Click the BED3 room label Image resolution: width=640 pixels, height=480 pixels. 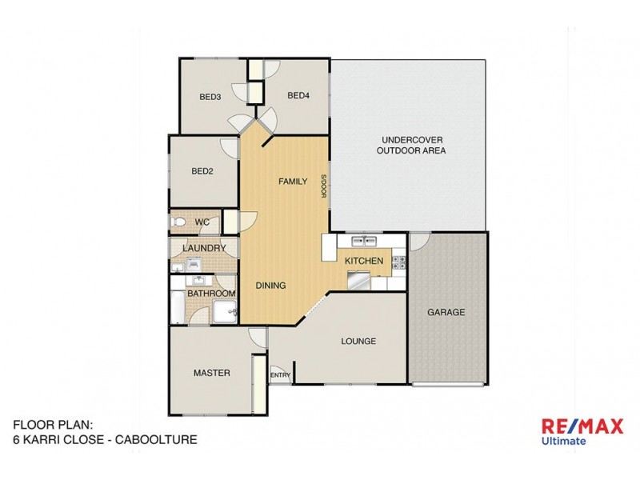point(210,98)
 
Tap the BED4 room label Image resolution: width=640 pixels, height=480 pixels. point(298,96)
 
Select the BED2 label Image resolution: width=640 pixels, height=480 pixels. point(202,170)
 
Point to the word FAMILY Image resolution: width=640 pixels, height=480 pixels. point(292,182)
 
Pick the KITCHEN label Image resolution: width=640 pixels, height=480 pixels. point(364,261)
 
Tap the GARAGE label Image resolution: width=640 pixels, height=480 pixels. point(446,312)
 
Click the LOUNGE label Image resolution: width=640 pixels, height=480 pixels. point(358,342)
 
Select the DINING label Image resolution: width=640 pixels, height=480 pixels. point(270,286)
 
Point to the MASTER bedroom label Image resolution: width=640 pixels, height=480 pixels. point(212,373)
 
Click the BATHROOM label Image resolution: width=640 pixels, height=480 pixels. point(211,294)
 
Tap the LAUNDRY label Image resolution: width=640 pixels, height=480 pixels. point(204,249)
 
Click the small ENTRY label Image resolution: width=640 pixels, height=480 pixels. point(280,375)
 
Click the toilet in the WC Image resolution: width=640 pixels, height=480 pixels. point(179,222)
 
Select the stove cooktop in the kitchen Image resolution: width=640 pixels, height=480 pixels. point(398,261)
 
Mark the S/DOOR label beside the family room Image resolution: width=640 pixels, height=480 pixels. point(324,186)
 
